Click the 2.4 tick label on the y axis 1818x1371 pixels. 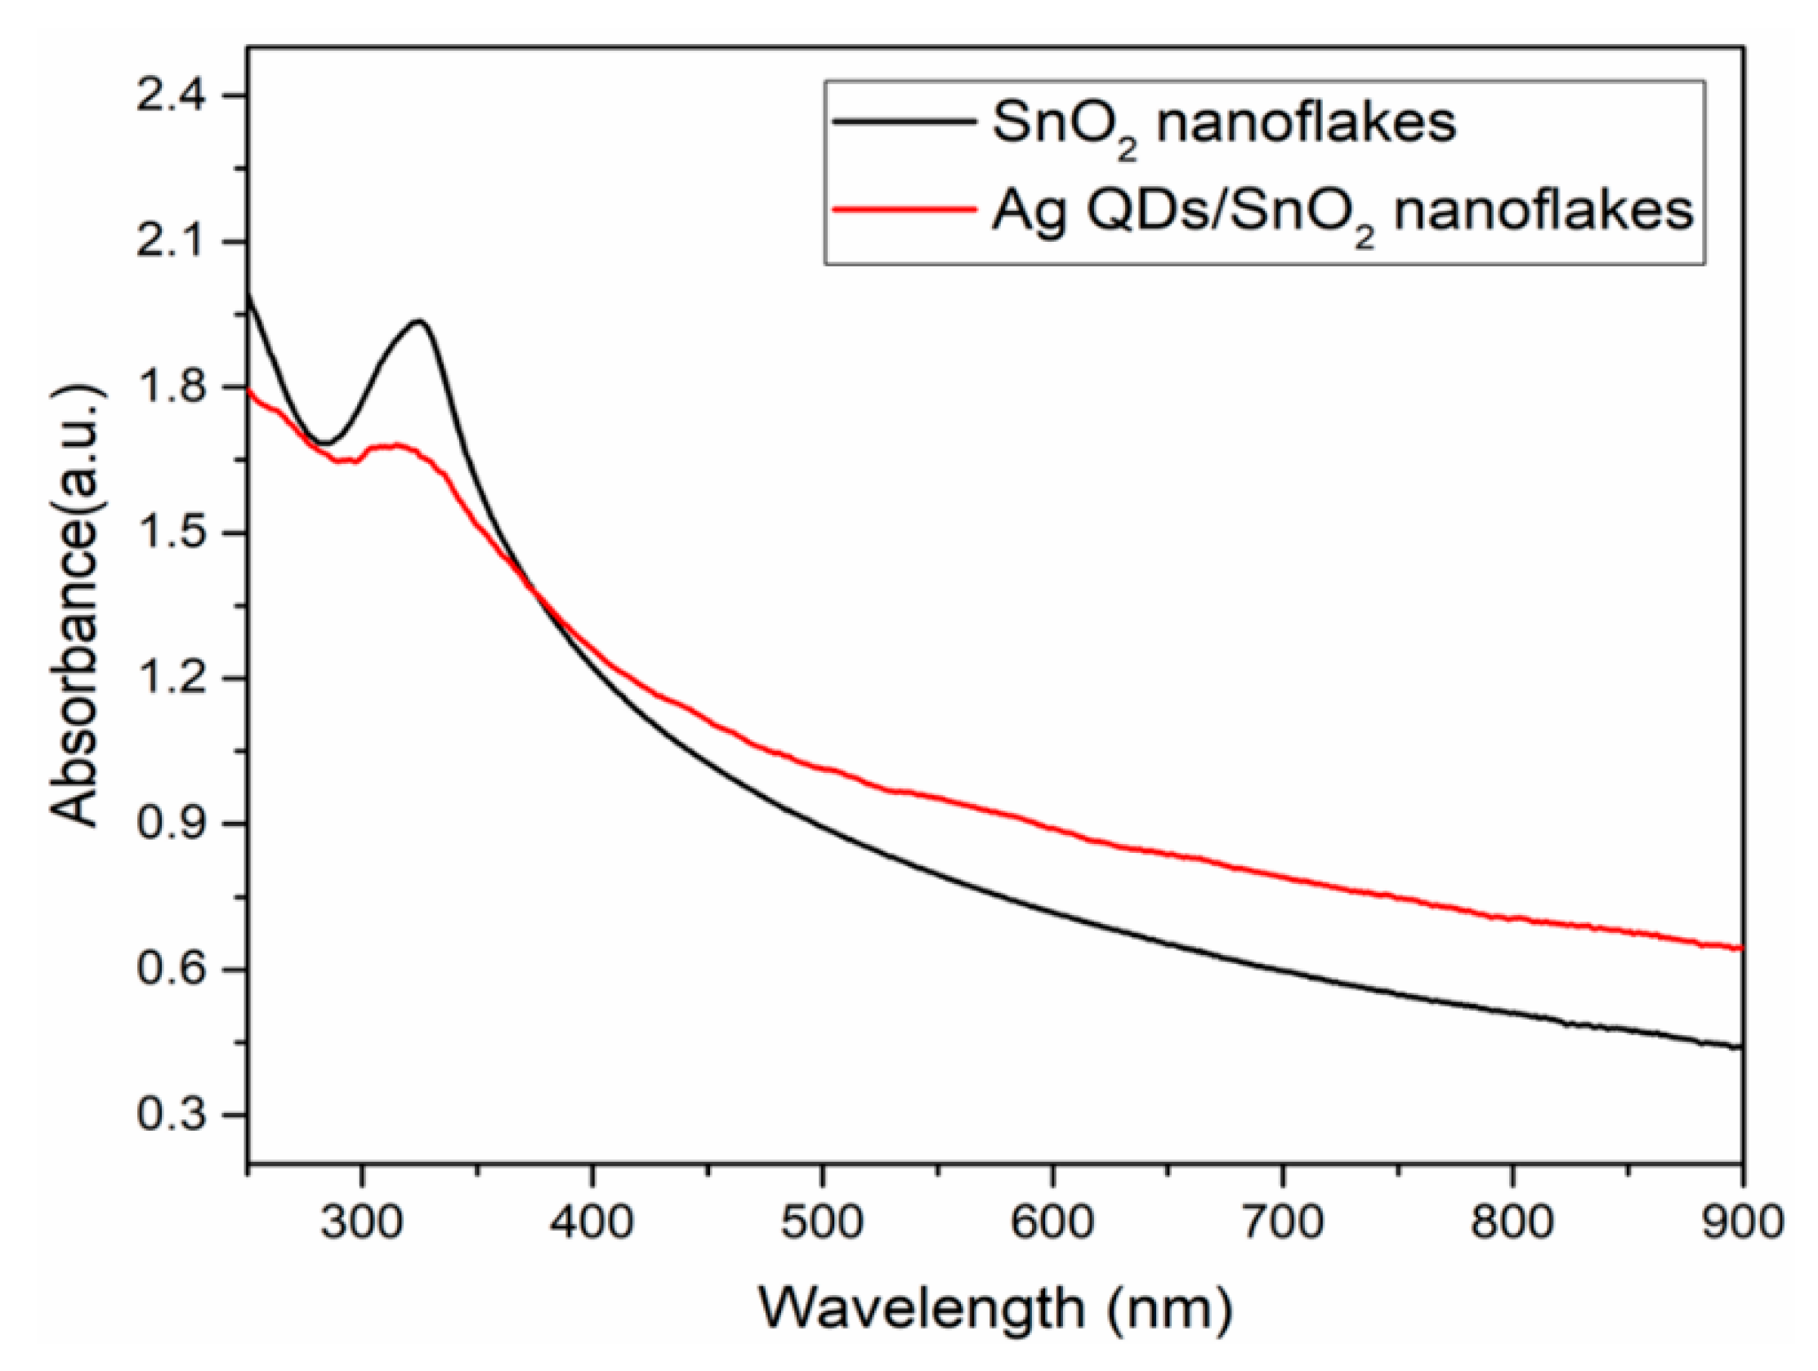point(174,96)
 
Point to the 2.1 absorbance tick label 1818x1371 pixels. point(174,242)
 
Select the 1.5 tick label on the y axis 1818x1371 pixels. point(174,534)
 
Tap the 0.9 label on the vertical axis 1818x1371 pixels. point(174,824)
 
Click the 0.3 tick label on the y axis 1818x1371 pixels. point(174,1115)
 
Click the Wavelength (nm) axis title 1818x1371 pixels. point(994,1310)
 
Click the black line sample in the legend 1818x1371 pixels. point(900,122)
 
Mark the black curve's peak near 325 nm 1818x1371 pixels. point(420,321)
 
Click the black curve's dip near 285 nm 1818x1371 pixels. point(326,443)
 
